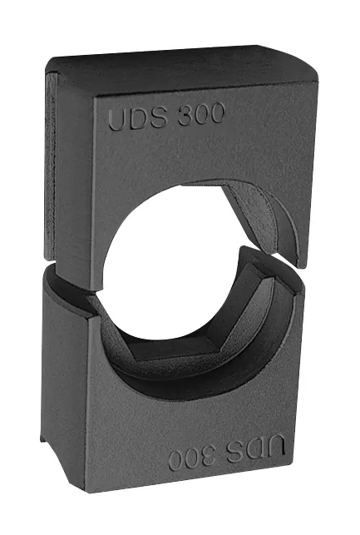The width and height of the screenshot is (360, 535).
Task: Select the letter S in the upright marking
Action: (158, 117)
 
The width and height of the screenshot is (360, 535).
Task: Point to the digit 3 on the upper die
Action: (185, 116)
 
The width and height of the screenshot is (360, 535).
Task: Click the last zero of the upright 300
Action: (216, 112)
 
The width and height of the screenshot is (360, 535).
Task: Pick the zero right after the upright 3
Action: (200, 114)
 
